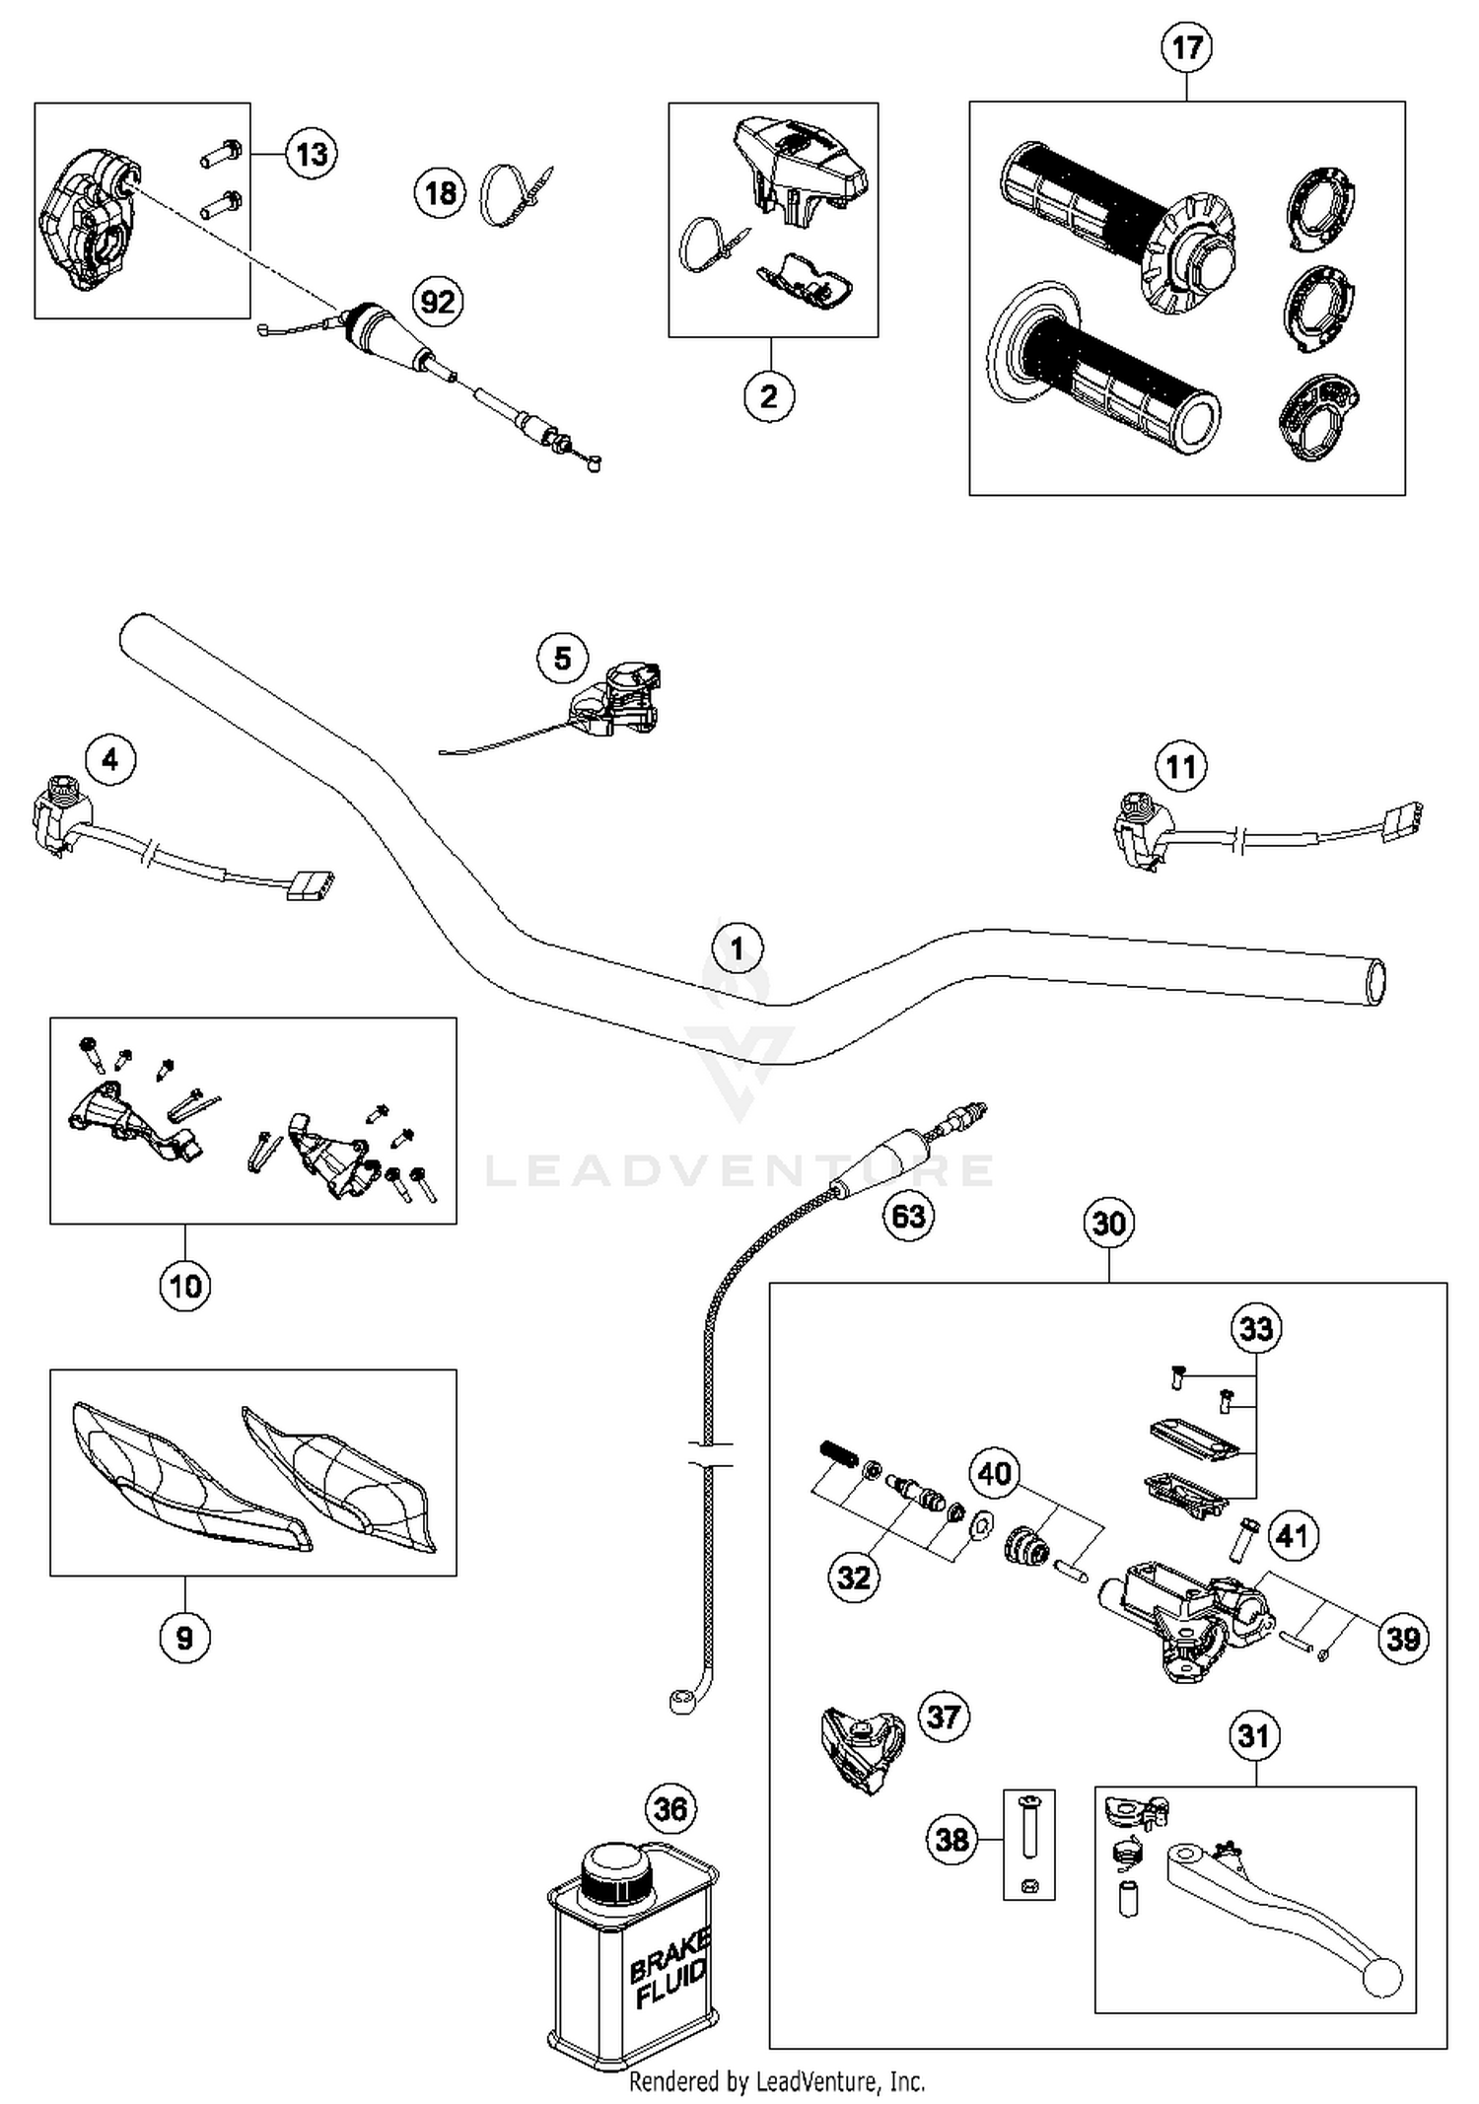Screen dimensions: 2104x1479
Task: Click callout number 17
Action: point(1186,47)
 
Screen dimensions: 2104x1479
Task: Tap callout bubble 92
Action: point(438,301)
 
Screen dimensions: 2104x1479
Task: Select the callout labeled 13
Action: point(312,155)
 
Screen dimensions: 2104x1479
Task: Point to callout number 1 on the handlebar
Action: point(738,948)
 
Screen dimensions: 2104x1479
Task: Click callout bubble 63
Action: point(908,1216)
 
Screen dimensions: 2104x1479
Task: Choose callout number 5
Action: point(562,658)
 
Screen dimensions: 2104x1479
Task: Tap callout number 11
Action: point(1181,766)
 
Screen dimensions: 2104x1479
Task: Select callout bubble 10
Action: point(185,1286)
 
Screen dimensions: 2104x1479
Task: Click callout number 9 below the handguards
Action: point(184,1638)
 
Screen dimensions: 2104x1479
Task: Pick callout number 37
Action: point(944,1717)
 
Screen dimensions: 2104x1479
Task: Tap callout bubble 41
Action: point(1293,1535)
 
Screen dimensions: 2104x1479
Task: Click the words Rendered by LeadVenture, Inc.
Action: point(777,2081)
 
